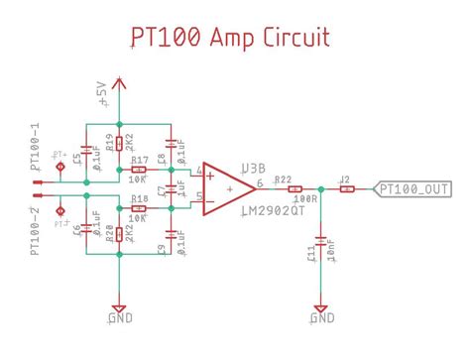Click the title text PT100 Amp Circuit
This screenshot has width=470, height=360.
pos(230,38)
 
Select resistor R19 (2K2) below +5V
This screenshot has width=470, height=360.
pos(119,145)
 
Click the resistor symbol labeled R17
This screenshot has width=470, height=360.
pos(140,171)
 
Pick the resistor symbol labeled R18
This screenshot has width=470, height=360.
pos(140,208)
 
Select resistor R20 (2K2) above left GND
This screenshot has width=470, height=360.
pos(119,234)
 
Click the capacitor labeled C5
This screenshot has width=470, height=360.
pos(87,146)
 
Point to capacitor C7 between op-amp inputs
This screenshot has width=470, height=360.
pos(173,189)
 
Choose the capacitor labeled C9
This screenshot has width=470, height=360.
pos(173,236)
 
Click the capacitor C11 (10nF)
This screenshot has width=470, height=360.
pos(320,239)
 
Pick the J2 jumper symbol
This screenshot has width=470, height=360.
pos(346,188)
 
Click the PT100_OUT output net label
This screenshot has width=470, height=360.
pos(413,188)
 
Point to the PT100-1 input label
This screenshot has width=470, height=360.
pos(35,149)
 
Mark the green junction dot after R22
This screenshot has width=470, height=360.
pos(320,188)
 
